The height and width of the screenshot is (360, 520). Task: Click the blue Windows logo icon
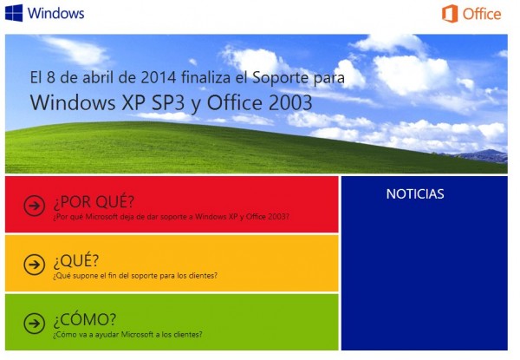pos(14,13)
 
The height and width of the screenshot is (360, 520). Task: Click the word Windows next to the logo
pos(55,13)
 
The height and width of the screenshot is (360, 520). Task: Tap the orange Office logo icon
pos(450,14)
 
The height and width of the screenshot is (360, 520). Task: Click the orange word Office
pos(482,14)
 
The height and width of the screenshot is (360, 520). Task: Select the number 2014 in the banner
pos(159,78)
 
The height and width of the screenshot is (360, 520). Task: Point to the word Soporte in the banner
pos(281,78)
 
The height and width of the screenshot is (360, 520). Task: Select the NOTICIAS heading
pos(415,194)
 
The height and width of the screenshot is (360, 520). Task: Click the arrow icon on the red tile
pos(34,206)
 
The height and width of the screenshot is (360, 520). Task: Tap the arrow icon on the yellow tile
pos(34,265)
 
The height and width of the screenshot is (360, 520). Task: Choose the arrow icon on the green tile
pos(34,324)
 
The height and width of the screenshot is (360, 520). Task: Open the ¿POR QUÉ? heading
pos(94,202)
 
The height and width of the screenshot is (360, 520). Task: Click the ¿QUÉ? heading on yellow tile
pos(76,261)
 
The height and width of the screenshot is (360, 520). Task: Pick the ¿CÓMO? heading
pos(85,319)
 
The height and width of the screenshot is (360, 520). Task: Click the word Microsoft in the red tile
pos(101,217)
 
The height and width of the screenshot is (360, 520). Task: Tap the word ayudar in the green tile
pos(107,335)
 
